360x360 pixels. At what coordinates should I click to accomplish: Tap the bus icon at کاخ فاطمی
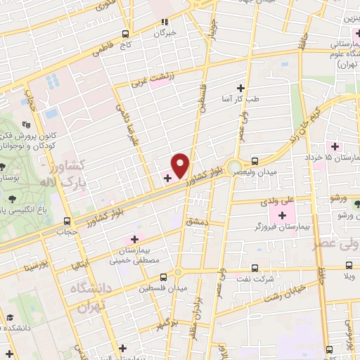click(125, 34)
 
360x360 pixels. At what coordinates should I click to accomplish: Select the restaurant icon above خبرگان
click(165, 22)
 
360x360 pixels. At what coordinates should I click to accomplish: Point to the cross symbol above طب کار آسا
click(241, 88)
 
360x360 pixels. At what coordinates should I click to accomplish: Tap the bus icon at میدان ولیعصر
click(255, 160)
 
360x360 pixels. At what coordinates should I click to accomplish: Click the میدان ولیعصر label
click(278, 171)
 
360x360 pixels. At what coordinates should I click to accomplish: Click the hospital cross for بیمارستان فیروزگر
click(284, 215)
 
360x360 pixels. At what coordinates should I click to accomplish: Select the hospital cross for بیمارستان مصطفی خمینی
click(134, 239)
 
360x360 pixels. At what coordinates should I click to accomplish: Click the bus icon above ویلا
click(349, 266)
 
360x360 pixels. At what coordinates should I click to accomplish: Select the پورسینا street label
click(34, 266)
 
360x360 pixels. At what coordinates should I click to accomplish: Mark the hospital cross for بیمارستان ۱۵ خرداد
click(335, 147)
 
